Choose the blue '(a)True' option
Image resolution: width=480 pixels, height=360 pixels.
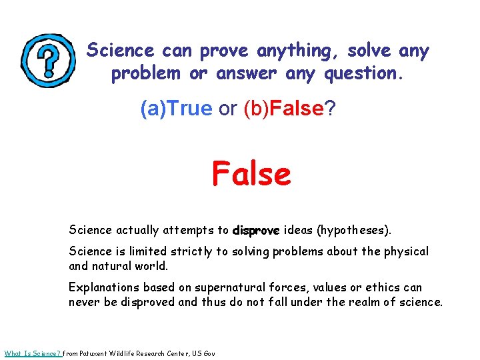click(176, 109)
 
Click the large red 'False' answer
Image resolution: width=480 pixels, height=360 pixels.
click(251, 175)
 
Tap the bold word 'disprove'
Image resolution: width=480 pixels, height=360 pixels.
click(257, 231)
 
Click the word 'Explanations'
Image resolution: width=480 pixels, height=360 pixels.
click(102, 288)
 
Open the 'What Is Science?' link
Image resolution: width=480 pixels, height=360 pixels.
click(33, 353)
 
